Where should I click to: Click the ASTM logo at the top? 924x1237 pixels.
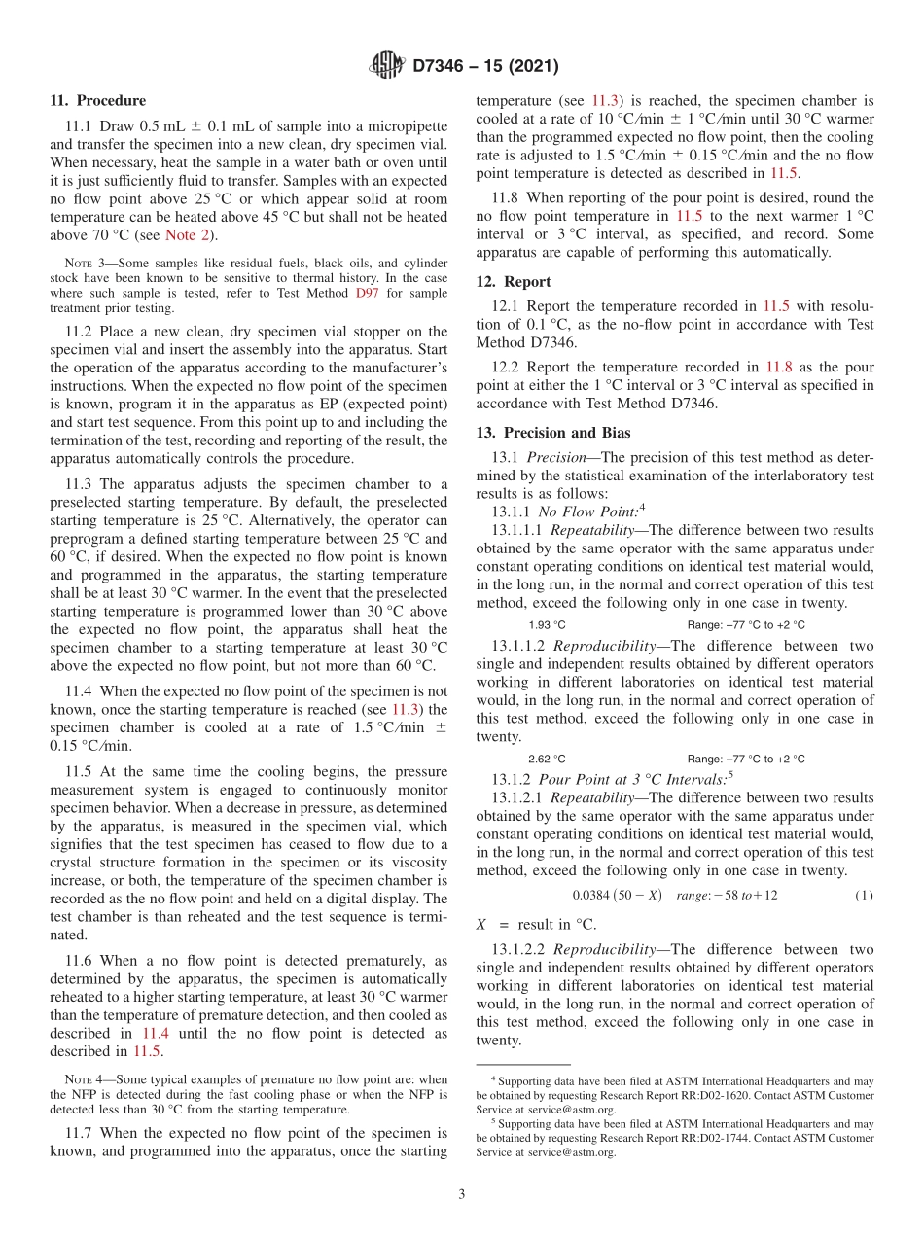(x=386, y=66)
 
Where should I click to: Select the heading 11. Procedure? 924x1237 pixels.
(x=97, y=100)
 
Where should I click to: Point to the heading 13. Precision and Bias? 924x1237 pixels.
(x=552, y=433)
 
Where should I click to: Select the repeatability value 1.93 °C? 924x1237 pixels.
(x=547, y=625)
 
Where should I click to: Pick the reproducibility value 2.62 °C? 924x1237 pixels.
(x=547, y=759)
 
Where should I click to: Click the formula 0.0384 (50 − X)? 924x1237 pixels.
(x=618, y=895)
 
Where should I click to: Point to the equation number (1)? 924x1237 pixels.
(x=864, y=895)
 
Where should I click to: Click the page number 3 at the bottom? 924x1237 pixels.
(x=461, y=1194)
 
